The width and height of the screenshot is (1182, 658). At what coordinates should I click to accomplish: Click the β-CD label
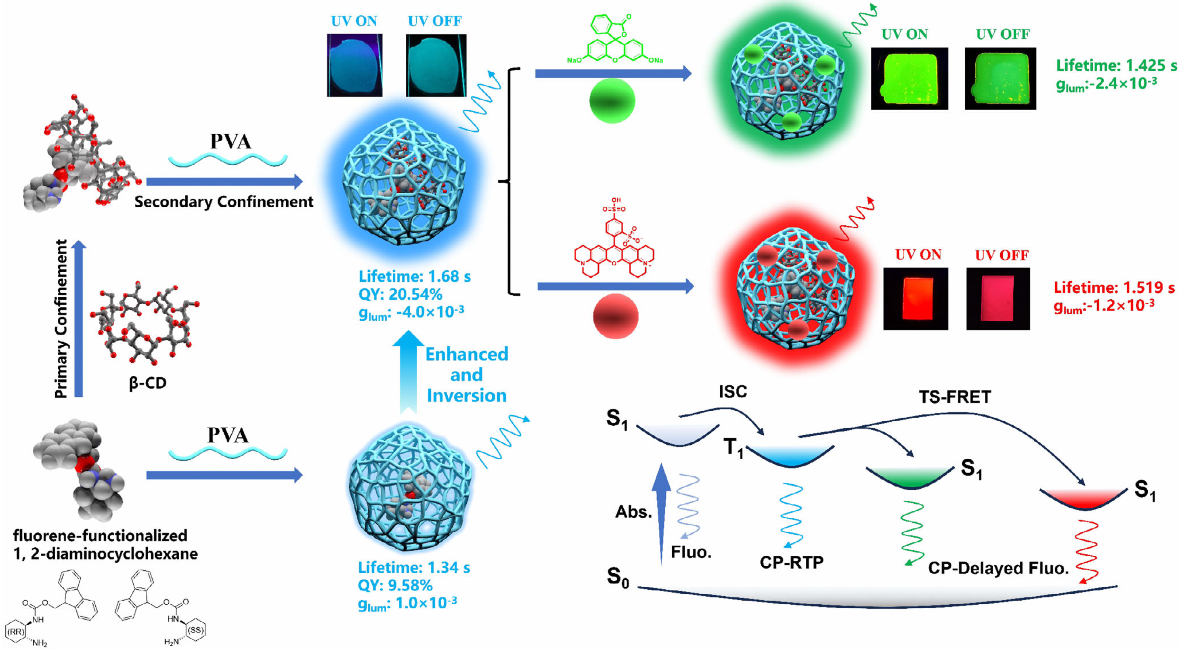[147, 383]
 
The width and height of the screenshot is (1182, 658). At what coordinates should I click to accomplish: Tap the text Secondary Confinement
[224, 202]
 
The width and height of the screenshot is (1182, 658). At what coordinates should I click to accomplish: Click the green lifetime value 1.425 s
[1148, 66]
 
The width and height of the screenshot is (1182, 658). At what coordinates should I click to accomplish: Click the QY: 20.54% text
[400, 294]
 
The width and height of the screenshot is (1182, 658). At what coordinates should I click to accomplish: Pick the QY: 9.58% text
[395, 585]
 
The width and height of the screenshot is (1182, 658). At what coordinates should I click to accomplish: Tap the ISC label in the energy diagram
[733, 392]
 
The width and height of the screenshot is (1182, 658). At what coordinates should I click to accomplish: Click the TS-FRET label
[955, 397]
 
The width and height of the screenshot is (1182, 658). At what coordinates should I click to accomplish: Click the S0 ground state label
[618, 577]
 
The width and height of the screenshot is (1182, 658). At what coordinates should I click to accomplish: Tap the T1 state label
[733, 447]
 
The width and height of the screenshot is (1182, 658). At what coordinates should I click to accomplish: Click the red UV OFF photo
[998, 299]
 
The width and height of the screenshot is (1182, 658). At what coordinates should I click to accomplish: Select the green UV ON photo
[910, 78]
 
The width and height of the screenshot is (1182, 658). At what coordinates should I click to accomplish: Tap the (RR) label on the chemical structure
[16, 632]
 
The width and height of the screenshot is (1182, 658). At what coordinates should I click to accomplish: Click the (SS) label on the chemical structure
[196, 630]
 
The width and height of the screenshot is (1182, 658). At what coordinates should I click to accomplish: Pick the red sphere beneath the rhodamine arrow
[616, 316]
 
